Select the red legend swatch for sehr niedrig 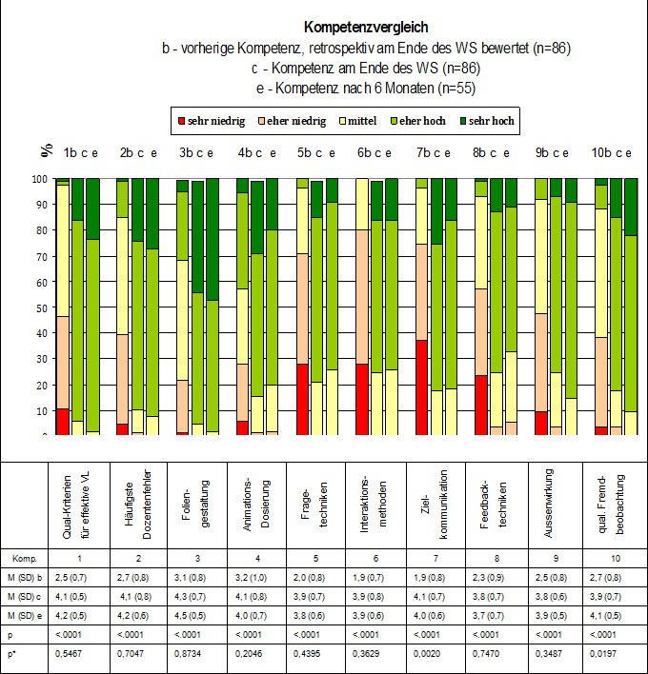(x=179, y=122)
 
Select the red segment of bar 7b (x=421, y=387)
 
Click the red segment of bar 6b (x=361, y=399)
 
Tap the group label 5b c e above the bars (x=318, y=152)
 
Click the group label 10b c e (x=612, y=152)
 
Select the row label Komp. (x=24, y=557)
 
